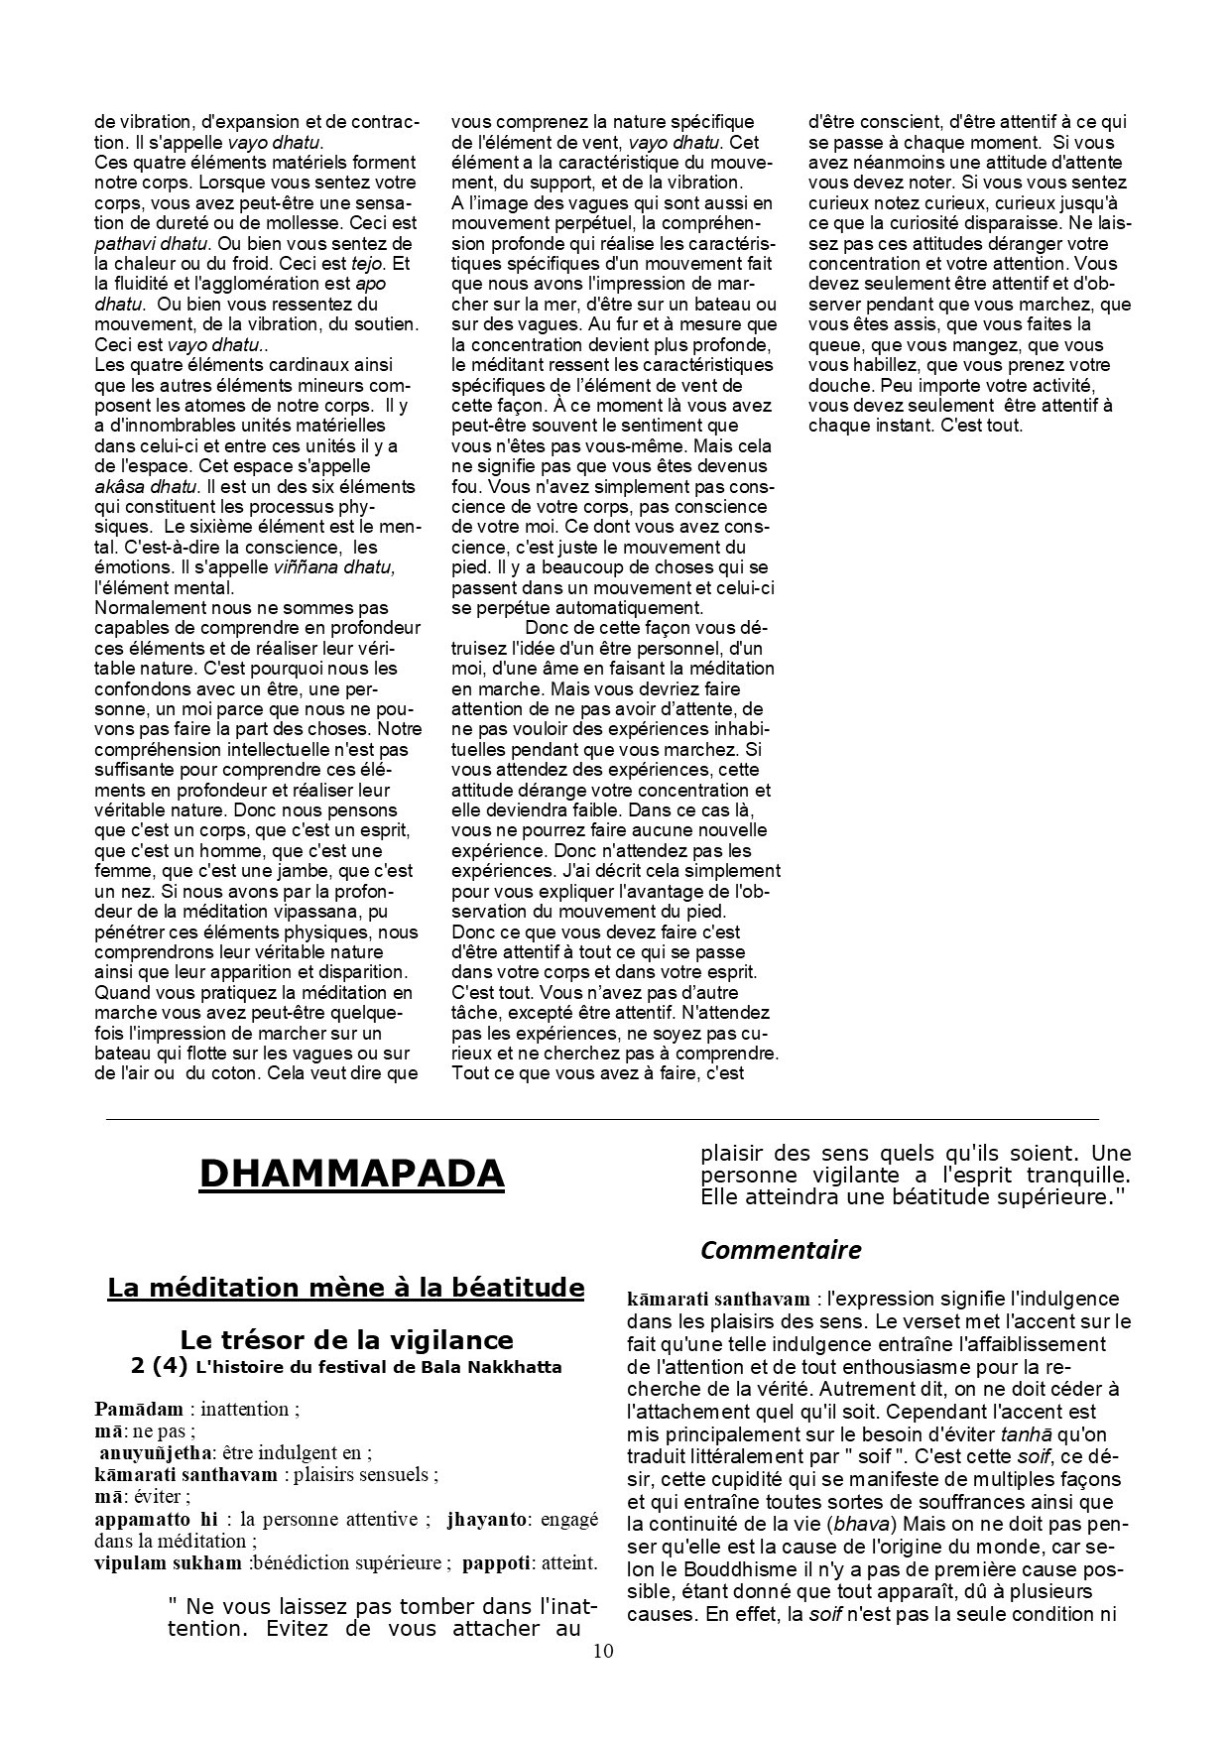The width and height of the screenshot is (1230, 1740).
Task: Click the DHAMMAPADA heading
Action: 352,1174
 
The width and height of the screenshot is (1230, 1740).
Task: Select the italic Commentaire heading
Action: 781,1250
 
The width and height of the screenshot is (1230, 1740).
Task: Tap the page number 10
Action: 603,1652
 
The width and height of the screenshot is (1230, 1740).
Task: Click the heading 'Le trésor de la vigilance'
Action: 346,1340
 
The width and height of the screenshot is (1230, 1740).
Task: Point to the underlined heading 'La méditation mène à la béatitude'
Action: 345,1288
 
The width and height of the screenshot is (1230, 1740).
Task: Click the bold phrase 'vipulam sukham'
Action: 168,1563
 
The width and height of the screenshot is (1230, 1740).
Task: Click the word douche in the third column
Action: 839,385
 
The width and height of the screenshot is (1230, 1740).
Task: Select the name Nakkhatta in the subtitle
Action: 506,1367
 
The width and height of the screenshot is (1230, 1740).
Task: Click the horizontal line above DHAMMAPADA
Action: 602,1119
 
